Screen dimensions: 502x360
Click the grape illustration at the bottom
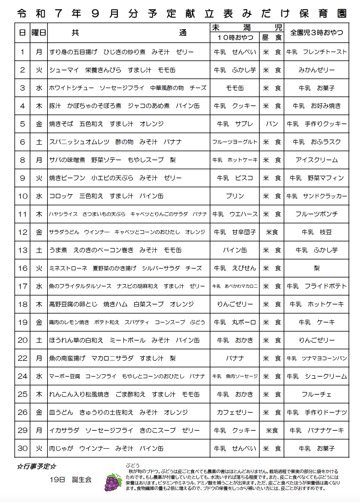coord(113,482)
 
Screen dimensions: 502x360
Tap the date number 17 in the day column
coord(23,286)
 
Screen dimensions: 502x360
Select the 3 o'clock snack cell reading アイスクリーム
coord(316,160)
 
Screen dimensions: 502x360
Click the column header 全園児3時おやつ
coord(316,32)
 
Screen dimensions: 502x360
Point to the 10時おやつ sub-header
coord(235,37)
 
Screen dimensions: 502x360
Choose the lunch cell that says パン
coord(272,124)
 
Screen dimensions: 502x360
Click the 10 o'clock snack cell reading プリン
coord(235,196)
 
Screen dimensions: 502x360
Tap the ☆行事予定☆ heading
coord(37,466)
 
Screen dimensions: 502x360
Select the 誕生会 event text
coord(82,479)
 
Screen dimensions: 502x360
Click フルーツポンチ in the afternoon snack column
coord(316,214)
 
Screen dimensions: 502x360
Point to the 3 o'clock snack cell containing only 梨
coord(316,268)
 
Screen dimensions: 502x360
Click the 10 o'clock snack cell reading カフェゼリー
coord(235,412)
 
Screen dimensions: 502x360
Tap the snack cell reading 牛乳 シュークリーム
coord(316,376)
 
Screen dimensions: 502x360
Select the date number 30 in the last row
coord(23,448)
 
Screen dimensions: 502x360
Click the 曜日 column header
coord(39,32)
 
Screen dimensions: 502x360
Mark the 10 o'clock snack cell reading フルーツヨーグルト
coord(235,142)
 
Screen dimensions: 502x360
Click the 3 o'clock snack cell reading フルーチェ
coord(316,394)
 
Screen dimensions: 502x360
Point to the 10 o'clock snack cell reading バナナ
coord(235,358)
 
